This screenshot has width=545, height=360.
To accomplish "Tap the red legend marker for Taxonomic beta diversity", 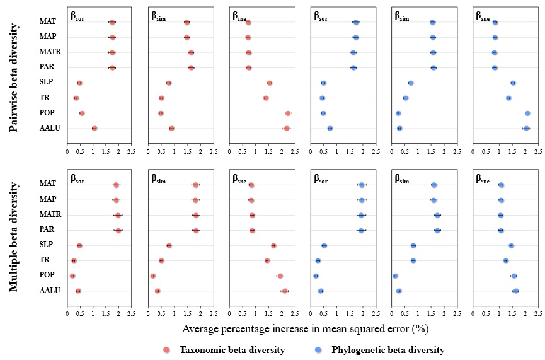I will coord(167,350).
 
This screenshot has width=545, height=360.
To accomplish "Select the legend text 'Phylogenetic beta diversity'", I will coord(387,350).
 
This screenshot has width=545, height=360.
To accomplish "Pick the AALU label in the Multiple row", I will coord(50,291).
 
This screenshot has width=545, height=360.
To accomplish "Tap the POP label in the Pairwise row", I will coord(47,113).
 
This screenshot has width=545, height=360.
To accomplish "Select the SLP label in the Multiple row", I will coord(47,245).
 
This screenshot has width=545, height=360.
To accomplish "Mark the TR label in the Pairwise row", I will coord(45,98).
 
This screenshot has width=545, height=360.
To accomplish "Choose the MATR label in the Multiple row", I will coord(50,214).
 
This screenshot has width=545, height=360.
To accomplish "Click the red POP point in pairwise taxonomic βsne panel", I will coord(288,113).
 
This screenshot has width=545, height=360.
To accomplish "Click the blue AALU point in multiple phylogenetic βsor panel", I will coord(321,291).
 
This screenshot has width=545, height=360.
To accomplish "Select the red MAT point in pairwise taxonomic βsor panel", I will coord(112,23).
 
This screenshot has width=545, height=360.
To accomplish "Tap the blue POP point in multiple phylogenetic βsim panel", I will coord(395,276).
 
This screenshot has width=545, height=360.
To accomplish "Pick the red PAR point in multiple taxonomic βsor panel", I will coord(118,231).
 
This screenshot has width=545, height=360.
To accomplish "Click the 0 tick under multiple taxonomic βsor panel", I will coord(67,313).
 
